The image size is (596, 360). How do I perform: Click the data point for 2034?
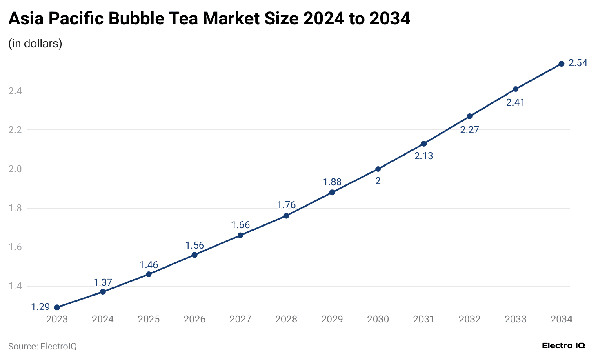pos(561,64)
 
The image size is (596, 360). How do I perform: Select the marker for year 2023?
pos(57,307)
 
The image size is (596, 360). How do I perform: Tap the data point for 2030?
pos(378,169)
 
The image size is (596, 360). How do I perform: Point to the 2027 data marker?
pos(240,235)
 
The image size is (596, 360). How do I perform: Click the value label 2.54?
pos(578,63)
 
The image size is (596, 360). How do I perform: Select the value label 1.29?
pos(40,307)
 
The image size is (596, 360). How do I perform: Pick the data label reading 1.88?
pos(332,182)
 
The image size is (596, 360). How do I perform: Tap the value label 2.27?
pos(469,130)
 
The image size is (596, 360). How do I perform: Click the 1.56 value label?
pos(194,245)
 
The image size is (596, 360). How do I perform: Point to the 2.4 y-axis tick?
pos(15,91)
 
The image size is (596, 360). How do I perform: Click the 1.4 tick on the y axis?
pos(15,286)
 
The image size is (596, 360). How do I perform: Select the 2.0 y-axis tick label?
pos(15,169)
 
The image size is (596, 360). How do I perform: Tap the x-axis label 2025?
pos(149,319)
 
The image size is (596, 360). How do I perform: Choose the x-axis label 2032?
pos(469,319)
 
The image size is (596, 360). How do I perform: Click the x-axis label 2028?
pos(286,319)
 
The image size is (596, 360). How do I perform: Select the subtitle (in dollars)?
pos(35,43)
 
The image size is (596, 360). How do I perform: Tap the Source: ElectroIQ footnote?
pos(42,347)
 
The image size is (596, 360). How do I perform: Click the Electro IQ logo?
pos(563,346)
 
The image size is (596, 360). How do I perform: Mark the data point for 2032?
pos(469,116)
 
